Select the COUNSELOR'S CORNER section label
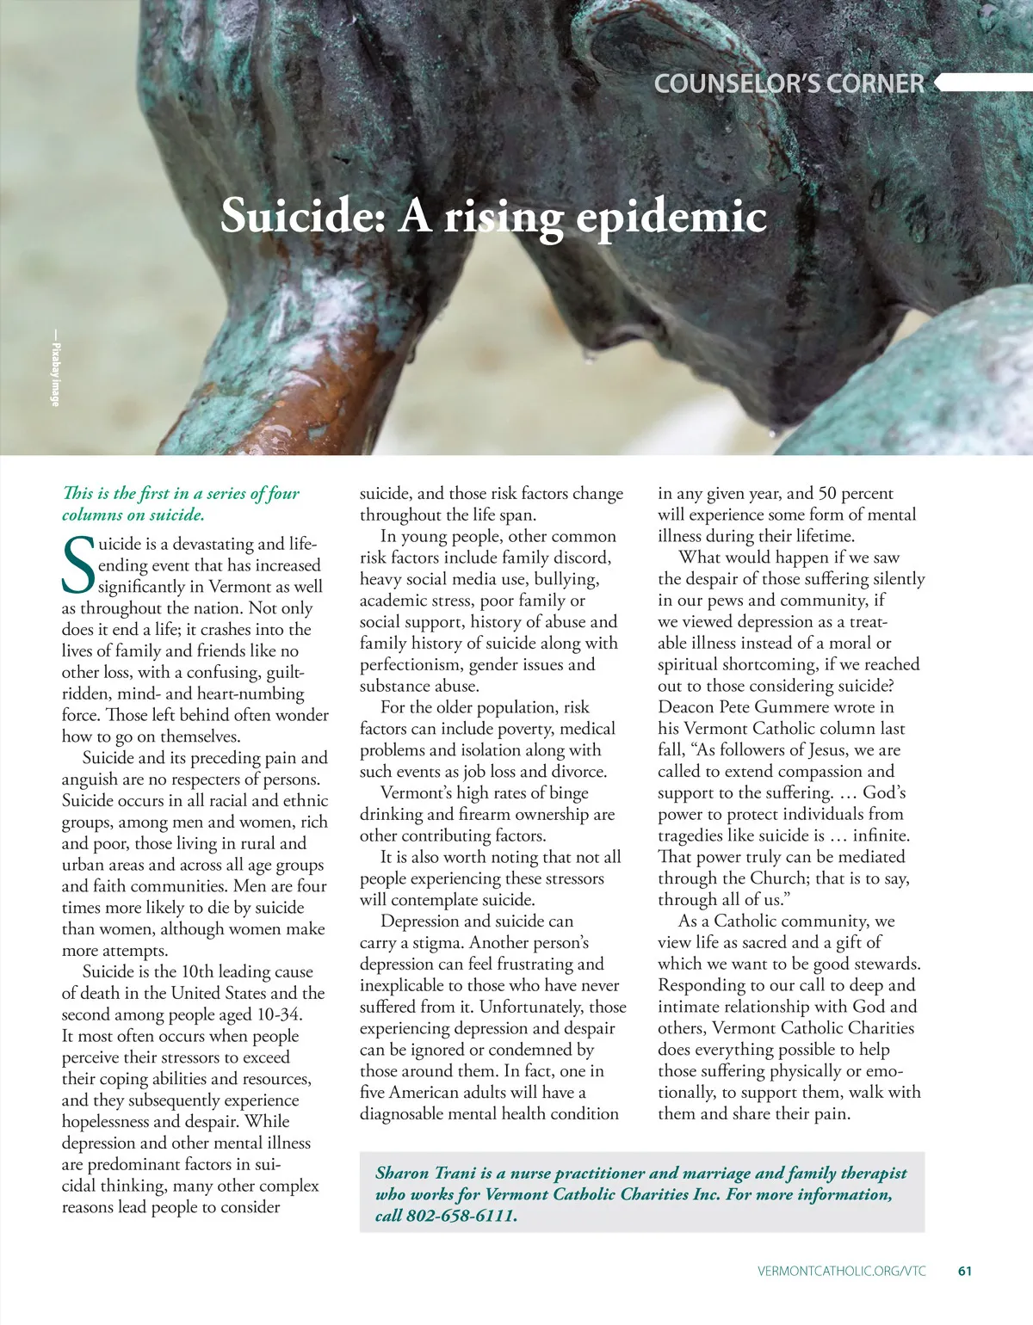[789, 83]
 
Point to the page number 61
[964, 1271]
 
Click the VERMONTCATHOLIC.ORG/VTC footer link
[842, 1271]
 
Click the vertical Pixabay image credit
[56, 369]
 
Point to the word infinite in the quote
[881, 835]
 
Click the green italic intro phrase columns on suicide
[133, 515]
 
